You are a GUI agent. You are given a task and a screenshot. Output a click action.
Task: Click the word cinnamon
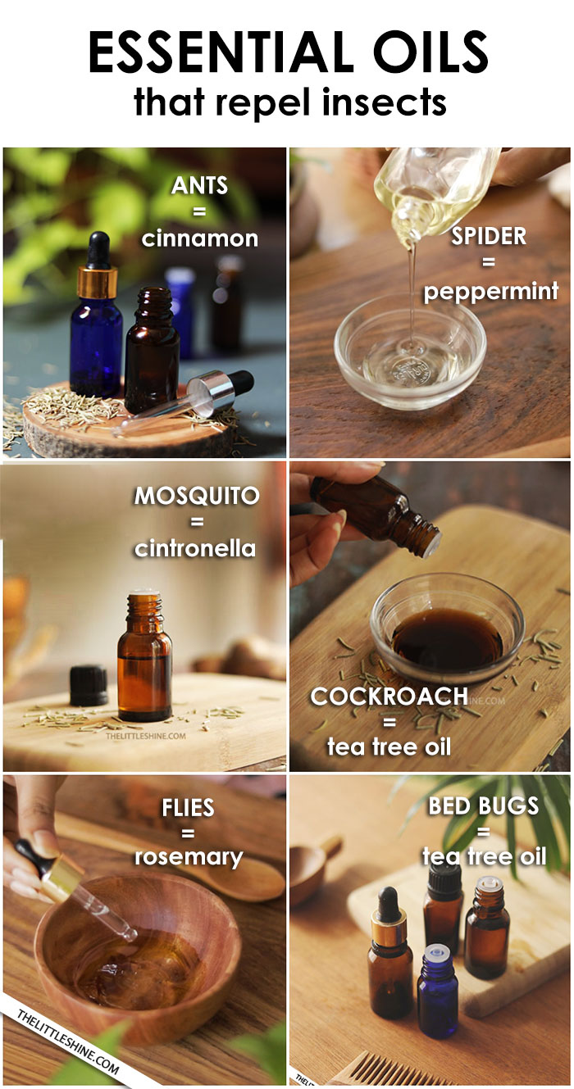[199, 238]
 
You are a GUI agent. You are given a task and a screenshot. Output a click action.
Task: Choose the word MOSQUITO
[197, 496]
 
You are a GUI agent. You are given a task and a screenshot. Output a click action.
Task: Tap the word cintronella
[195, 548]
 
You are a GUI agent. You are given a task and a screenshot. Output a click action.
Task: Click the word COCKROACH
[389, 697]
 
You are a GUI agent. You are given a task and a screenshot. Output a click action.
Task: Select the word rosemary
[189, 857]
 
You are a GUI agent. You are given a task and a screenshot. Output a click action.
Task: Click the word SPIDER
[489, 236]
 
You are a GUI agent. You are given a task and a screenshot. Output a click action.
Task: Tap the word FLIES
[188, 808]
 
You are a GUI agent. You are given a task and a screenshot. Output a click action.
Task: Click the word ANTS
[199, 185]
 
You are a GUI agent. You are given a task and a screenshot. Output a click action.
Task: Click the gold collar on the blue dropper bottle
[98, 283]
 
